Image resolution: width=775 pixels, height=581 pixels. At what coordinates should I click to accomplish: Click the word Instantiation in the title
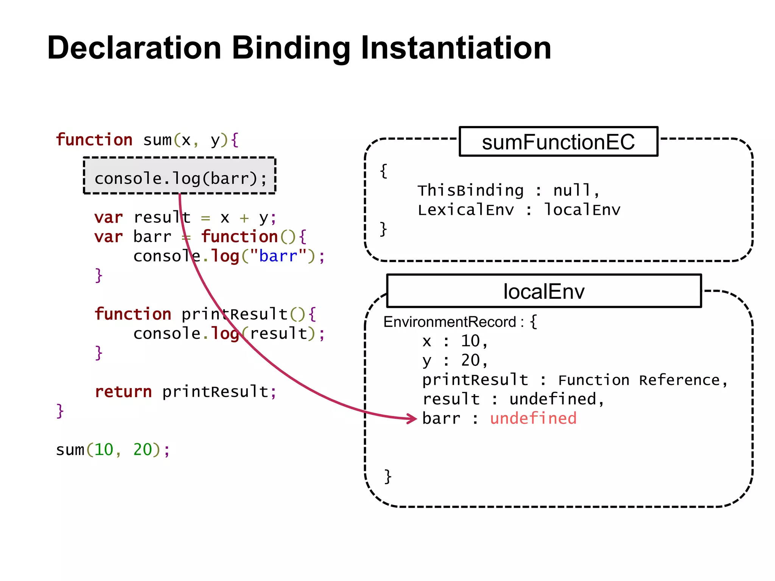point(456,48)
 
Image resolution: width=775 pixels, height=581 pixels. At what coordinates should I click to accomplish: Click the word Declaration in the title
point(134,48)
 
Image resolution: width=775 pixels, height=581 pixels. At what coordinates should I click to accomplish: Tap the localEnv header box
point(544,291)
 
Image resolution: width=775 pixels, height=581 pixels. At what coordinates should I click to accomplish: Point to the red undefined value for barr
point(533,418)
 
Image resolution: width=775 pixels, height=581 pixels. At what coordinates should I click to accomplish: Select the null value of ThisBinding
point(572,190)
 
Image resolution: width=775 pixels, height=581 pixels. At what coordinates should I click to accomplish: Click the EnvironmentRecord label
point(450,322)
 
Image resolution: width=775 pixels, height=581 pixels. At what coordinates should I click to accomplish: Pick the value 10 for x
point(470,341)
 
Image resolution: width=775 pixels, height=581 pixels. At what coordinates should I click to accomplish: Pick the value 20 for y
point(470,360)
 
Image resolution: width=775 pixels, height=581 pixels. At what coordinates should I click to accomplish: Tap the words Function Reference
point(640,380)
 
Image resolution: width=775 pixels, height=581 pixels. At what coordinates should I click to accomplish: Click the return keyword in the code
point(123,391)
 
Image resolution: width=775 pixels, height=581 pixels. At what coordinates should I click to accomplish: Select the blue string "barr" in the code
point(278,256)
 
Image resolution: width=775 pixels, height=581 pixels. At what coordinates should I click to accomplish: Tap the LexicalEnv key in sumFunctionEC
point(466,210)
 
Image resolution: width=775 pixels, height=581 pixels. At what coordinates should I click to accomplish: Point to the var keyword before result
point(109,217)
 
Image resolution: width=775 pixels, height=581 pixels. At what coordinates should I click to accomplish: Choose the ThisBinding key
point(470,190)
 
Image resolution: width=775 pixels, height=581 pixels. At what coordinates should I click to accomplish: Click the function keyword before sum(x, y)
point(94,140)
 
